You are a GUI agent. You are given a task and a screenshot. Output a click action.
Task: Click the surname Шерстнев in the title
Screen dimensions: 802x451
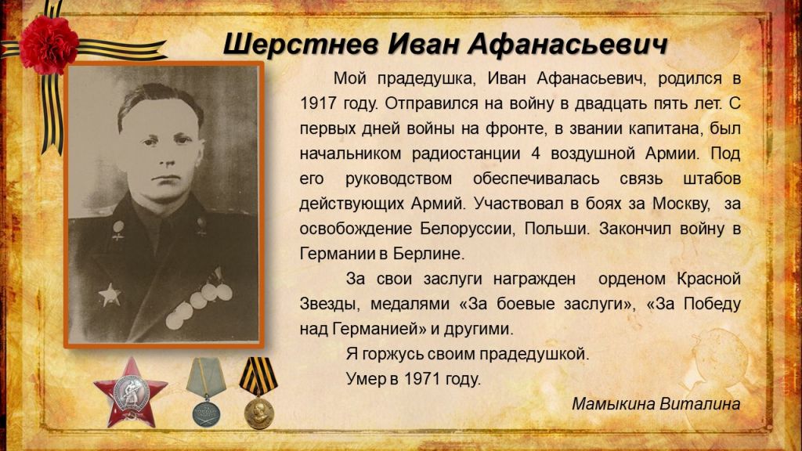[x=301, y=44]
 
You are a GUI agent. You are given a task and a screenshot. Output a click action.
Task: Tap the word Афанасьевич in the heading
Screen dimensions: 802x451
[x=568, y=44]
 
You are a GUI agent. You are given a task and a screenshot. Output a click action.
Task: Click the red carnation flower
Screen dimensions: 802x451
[x=49, y=44]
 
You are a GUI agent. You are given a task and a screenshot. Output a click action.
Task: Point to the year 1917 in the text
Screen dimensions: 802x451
[x=318, y=104]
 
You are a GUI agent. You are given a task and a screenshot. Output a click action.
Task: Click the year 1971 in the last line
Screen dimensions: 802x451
[x=422, y=379]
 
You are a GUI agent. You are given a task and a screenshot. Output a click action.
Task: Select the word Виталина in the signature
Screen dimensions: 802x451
[x=699, y=404]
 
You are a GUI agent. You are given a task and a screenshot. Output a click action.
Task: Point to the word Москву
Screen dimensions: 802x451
[x=681, y=204]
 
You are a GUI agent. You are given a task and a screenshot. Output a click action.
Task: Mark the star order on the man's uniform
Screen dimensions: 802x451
[x=110, y=294]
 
